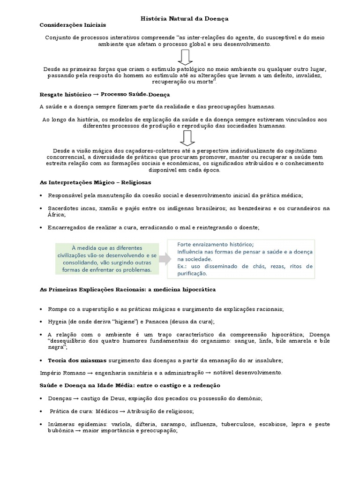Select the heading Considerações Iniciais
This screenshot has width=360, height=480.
[x=73, y=24]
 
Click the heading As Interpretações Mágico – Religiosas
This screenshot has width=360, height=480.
[x=95, y=182]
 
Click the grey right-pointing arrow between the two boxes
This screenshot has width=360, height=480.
[x=163, y=258]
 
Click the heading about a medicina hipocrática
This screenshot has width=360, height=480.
[x=127, y=290]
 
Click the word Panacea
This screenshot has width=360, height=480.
[x=159, y=322]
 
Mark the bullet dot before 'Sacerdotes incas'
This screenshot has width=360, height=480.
[x=42, y=208]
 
